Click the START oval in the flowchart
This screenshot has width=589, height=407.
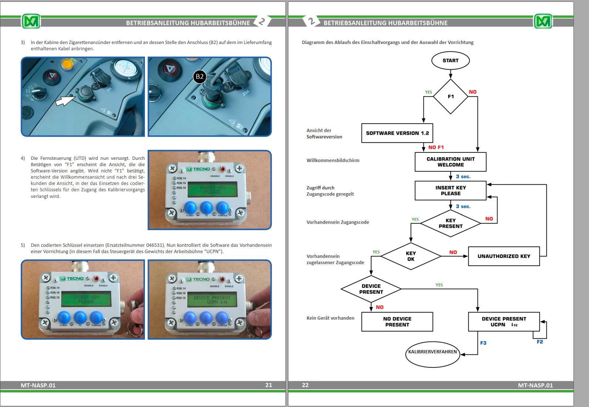(450, 61)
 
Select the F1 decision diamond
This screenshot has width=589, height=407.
(450, 97)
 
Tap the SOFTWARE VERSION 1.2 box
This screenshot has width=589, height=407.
(397, 133)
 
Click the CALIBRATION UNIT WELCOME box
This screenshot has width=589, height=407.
(450, 162)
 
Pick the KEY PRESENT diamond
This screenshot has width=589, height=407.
(450, 223)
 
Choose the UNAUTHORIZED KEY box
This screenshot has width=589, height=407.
(504, 256)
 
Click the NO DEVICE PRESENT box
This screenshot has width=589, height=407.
(397, 322)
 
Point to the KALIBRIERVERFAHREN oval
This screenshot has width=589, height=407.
(433, 352)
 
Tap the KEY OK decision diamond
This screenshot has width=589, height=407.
(411, 256)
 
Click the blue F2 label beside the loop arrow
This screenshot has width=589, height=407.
(540, 342)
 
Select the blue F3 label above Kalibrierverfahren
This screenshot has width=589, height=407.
(483, 343)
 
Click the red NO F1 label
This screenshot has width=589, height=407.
(436, 147)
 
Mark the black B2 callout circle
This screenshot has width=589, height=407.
(200, 77)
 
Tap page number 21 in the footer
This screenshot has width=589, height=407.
(269, 385)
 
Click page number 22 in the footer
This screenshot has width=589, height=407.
(305, 385)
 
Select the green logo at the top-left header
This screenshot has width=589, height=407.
(31, 21)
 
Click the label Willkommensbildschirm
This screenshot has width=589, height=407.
(333, 160)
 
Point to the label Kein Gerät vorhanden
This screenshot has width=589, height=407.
(330, 318)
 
